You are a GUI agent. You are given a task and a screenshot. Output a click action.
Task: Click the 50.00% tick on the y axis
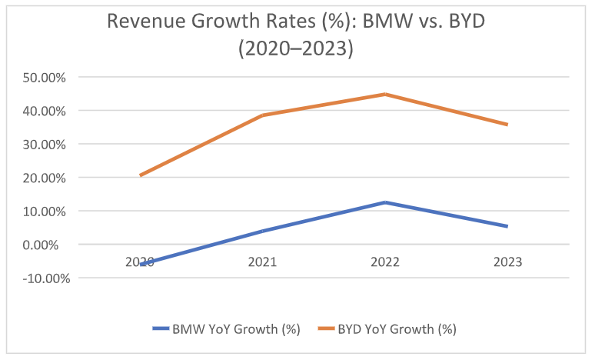(x=45, y=77)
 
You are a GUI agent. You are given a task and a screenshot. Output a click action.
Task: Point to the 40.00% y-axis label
(x=45, y=111)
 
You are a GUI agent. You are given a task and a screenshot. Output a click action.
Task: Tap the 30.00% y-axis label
(x=45, y=144)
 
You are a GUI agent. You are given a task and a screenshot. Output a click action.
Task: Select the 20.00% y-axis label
(x=45, y=178)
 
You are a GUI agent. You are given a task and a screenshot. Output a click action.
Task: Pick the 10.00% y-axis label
(x=45, y=211)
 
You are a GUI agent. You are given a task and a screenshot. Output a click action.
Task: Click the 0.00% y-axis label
(x=48, y=245)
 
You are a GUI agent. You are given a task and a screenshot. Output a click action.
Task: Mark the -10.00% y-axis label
(x=42, y=278)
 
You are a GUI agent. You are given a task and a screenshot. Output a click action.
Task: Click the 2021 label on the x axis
(x=263, y=262)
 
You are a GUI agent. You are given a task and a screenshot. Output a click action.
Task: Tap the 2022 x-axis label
(x=385, y=262)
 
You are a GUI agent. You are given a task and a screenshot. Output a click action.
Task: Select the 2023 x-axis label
(x=507, y=262)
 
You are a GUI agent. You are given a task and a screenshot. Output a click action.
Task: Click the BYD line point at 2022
(x=385, y=95)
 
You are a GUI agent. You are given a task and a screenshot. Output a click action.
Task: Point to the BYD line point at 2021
(x=263, y=115)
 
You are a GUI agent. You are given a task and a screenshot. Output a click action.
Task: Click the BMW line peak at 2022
(x=385, y=202)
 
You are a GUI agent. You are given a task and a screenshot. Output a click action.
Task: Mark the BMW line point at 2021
(x=263, y=231)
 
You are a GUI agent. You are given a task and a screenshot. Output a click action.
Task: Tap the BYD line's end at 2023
(x=507, y=125)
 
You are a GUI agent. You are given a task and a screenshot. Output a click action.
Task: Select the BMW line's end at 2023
(x=507, y=226)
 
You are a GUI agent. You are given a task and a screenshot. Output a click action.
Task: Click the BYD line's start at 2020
(x=141, y=175)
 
